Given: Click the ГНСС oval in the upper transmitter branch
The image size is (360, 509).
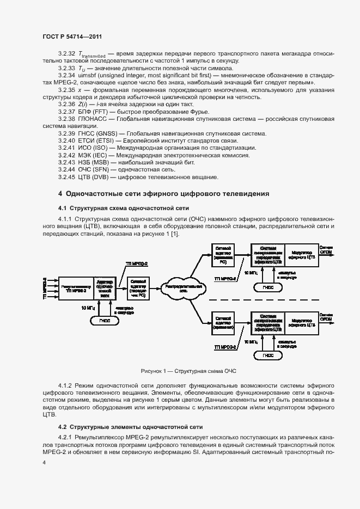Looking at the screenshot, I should click(267, 286).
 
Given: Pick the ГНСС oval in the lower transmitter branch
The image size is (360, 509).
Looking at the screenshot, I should click(267, 355).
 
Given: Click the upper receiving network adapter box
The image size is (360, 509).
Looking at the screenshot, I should click(224, 254).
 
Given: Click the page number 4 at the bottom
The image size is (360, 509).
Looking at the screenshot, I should click(45, 463).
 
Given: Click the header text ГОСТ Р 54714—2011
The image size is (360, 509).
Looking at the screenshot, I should click(72, 36).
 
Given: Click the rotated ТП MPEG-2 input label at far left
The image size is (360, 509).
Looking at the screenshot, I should click(45, 286).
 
